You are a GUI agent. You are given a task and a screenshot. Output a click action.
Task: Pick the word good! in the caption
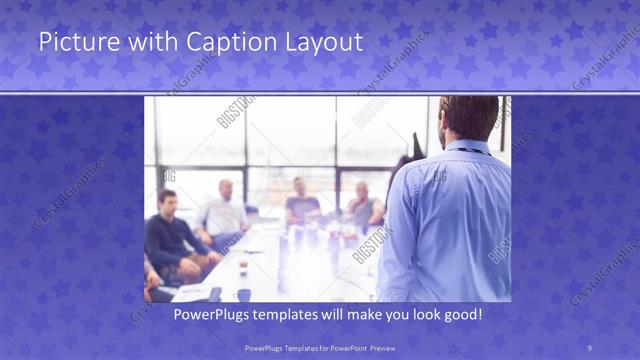pos(461,314)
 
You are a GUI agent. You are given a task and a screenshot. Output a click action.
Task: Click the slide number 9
pos(589,347)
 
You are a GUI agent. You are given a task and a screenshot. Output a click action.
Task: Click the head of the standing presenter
pos(468,118)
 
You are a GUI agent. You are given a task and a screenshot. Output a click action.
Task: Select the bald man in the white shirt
pos(224,212)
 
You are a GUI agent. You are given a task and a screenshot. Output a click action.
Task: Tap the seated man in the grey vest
pos(362,208)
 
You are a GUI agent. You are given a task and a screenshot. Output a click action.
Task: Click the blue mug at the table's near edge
pos(243,294)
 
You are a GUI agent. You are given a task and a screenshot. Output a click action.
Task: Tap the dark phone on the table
pos(215,293)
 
